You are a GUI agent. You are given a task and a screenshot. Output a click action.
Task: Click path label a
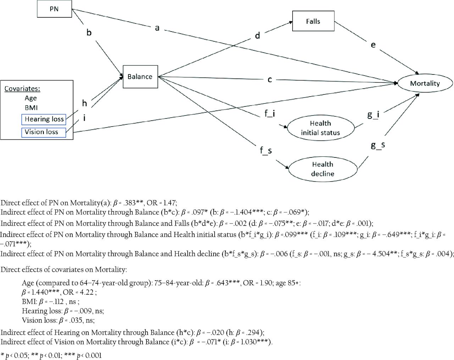coord(157,28)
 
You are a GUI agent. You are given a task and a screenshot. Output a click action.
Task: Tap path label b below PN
coord(89,32)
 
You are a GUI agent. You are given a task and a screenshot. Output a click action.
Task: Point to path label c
coord(270,79)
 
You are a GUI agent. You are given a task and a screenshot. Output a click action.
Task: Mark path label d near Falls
coord(258,35)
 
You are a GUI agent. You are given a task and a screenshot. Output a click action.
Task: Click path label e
coord(373,45)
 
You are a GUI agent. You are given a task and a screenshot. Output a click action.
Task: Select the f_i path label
coord(270,113)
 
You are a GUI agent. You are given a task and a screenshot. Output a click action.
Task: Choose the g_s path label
coord(378,145)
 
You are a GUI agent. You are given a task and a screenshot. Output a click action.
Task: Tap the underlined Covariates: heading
coord(22,89)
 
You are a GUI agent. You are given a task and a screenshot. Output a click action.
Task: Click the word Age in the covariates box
coord(31,98)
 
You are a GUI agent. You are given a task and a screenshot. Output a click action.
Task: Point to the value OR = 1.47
coord(161,203)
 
